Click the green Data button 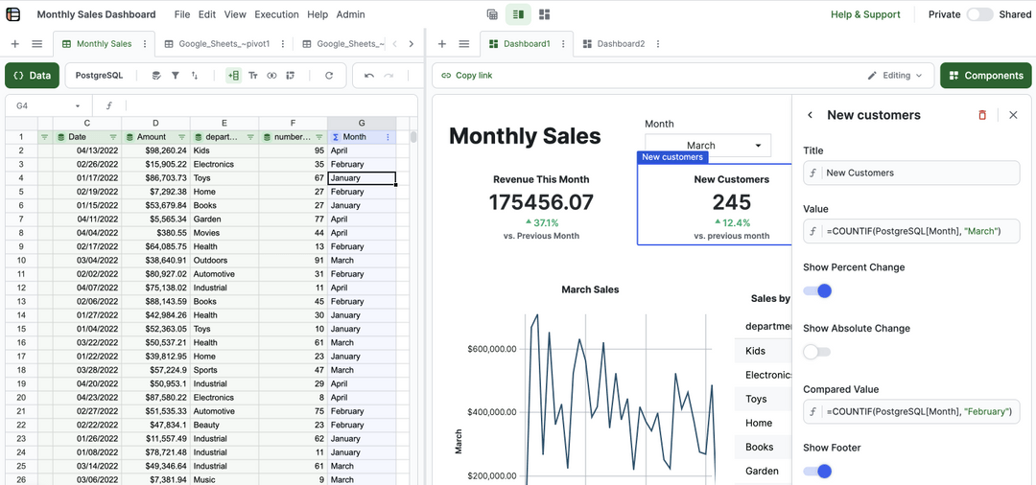coord(32,76)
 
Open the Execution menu coord(276,14)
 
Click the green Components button coord(985,76)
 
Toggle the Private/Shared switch coord(979,14)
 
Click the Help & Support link coord(864,14)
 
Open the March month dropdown coord(707,146)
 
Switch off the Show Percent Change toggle coord(817,290)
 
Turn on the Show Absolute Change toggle coord(817,352)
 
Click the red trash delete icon coord(981,115)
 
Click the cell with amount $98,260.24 coord(156,150)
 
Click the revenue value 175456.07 coord(541,202)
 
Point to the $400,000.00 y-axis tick coord(492,412)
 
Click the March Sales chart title coord(590,289)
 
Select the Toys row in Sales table coord(757,399)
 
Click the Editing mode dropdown coord(894,76)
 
